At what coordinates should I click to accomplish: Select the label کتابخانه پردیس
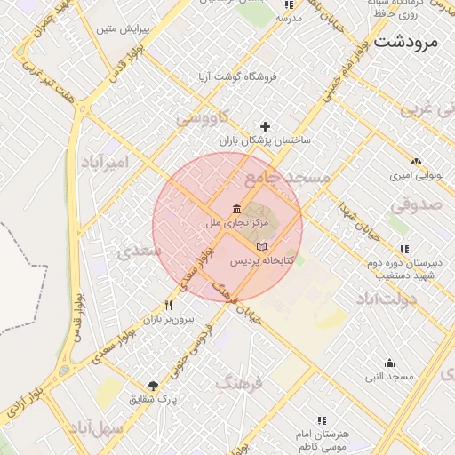point(262,262)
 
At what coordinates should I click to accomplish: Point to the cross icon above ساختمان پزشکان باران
point(265,126)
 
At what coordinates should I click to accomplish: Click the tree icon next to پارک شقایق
point(153,385)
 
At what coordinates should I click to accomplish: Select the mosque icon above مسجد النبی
point(389,363)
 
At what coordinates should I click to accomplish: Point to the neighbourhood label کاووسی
point(203,116)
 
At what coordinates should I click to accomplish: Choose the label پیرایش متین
point(119,30)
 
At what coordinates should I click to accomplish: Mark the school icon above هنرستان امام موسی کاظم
point(322,419)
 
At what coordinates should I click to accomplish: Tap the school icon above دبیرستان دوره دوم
point(405,249)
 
